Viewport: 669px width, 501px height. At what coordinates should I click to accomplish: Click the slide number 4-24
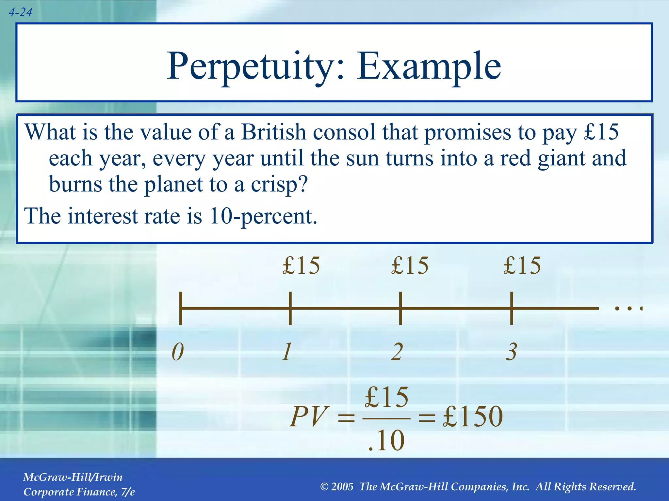click(x=20, y=12)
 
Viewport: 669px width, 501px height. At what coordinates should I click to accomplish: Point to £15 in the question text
click(x=601, y=132)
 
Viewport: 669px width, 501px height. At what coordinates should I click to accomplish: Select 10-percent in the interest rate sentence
click(x=263, y=216)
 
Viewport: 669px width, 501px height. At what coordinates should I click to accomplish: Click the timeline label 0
click(x=178, y=352)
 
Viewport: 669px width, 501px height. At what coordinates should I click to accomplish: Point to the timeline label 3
click(x=512, y=352)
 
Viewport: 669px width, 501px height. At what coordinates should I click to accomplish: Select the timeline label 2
click(x=397, y=352)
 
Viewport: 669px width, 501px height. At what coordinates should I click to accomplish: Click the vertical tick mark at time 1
click(x=290, y=308)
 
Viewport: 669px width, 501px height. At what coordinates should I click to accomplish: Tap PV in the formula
click(x=308, y=416)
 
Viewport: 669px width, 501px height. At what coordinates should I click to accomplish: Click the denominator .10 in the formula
click(x=386, y=440)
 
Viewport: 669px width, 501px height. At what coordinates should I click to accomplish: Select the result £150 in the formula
click(x=473, y=416)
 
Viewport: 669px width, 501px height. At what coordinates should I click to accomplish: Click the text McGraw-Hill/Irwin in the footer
click(x=73, y=477)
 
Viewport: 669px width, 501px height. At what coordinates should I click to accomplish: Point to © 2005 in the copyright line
click(x=337, y=487)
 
